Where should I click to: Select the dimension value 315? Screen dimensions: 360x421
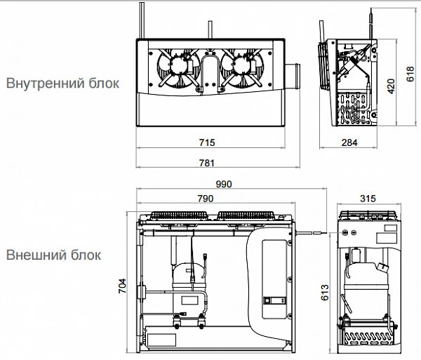point(366,199)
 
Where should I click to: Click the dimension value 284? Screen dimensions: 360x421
point(349,143)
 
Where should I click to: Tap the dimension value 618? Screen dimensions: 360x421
point(410,68)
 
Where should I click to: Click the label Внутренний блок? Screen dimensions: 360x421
point(62,83)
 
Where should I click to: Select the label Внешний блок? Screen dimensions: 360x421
point(53,254)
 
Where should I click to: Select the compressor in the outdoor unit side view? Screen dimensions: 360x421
point(367,275)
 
